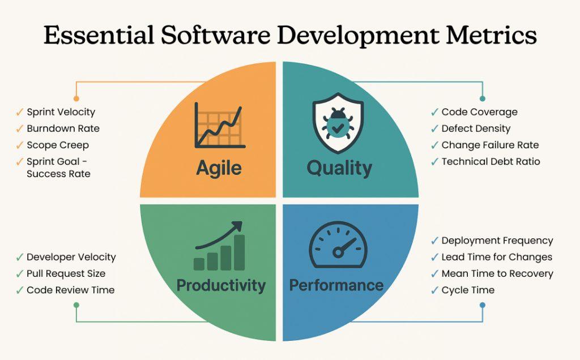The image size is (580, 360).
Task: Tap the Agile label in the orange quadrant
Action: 219,168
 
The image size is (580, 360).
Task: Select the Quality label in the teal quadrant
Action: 339,168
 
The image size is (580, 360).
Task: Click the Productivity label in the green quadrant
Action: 221,285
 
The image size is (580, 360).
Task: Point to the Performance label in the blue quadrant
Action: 336,285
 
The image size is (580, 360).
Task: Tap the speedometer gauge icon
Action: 338,244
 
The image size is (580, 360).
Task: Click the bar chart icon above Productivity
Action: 219,246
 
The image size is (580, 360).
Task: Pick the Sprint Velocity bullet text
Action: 61,112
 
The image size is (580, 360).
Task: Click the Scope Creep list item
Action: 58,145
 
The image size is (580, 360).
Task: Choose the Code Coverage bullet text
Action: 479,112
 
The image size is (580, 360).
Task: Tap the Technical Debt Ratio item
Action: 491,161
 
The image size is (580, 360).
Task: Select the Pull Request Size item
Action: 66,273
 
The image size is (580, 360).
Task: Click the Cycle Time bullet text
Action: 468,290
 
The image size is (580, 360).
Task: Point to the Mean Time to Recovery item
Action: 497,273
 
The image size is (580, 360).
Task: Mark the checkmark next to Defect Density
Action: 434,128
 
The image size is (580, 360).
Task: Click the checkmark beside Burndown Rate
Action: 19,128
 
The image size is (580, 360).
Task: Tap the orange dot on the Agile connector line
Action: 76,98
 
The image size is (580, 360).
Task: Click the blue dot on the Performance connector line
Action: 482,305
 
